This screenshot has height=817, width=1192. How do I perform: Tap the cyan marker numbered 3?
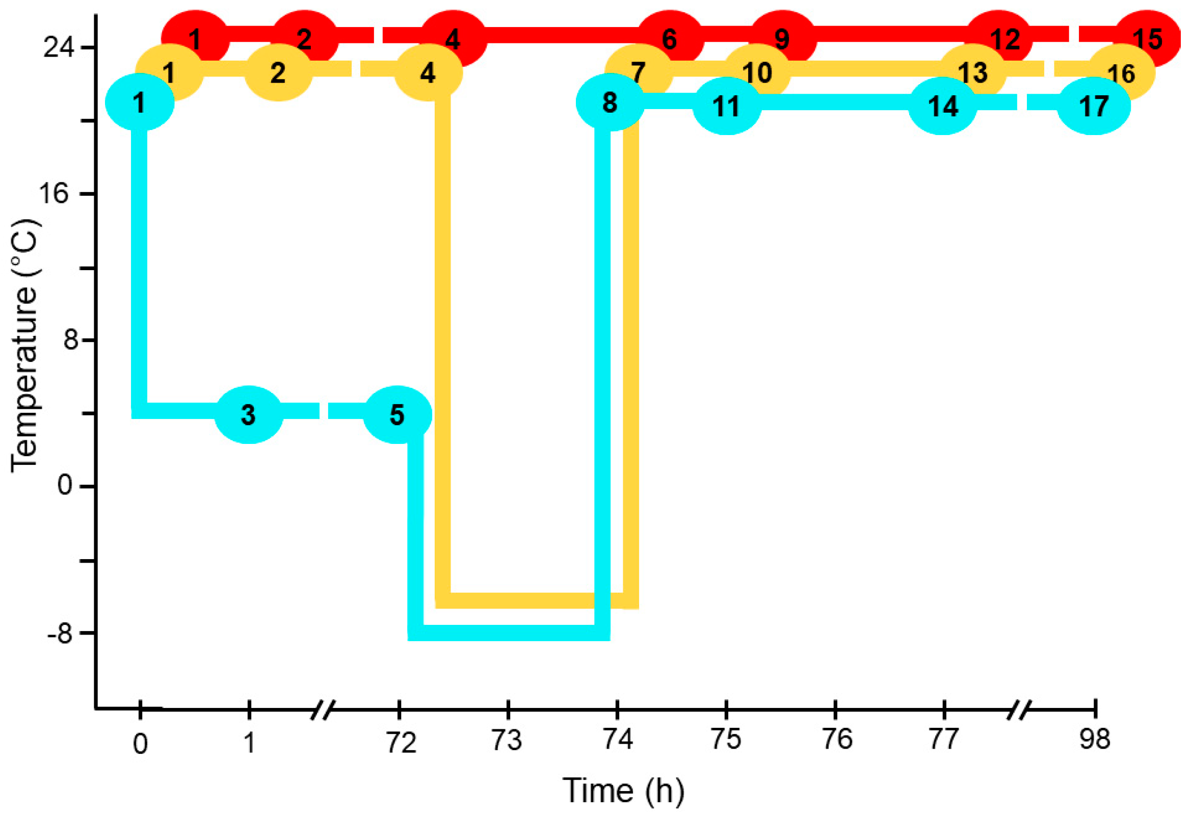(x=248, y=414)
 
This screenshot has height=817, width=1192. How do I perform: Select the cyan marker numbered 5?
(x=398, y=414)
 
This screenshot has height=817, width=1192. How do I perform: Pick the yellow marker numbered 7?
(x=638, y=72)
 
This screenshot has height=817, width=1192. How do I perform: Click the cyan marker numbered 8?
(x=610, y=102)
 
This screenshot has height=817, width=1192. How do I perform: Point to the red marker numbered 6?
(x=669, y=38)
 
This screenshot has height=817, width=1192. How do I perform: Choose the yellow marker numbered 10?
(x=757, y=72)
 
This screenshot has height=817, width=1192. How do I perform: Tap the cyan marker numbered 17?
(x=1094, y=106)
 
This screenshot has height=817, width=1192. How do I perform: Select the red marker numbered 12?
(x=1005, y=38)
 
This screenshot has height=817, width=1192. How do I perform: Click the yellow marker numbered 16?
(x=1121, y=73)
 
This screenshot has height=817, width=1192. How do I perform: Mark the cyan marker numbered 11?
(x=726, y=106)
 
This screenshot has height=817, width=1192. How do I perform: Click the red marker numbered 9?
(x=782, y=38)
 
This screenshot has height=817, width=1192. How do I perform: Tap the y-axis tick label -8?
(x=60, y=634)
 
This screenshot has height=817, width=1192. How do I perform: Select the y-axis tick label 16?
(x=54, y=194)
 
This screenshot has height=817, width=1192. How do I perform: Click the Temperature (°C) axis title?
(x=24, y=345)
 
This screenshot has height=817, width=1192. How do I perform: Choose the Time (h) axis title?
(x=623, y=790)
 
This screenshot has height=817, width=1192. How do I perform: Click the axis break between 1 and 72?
(x=323, y=710)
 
